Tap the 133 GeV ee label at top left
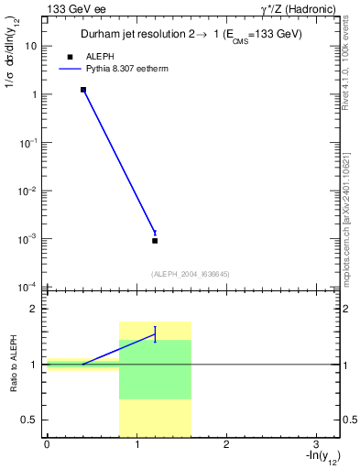click(76, 9)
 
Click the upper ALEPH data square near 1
click(83, 90)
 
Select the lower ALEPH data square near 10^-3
click(155, 240)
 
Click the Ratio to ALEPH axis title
click(14, 365)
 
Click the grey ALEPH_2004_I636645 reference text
click(191, 274)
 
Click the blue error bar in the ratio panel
click(155, 333)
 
